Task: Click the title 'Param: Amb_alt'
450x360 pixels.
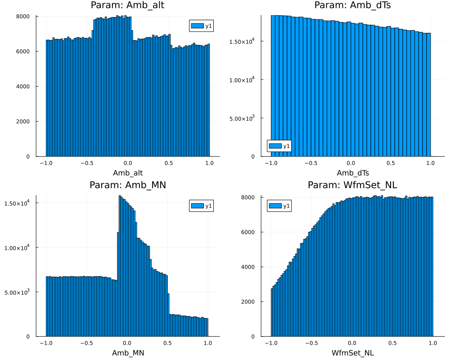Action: point(128,5)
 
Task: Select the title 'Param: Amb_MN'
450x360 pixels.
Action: point(128,185)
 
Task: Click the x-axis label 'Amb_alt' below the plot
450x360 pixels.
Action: point(128,173)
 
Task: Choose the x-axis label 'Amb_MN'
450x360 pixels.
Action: point(128,353)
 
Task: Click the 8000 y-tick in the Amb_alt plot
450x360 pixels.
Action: point(23,16)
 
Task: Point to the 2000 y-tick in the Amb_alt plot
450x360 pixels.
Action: point(23,121)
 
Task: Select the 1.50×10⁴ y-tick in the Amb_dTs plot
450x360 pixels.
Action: point(243,41)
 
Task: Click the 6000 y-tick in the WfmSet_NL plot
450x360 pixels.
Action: point(248,232)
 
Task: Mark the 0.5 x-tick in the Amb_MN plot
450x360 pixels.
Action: point(167,343)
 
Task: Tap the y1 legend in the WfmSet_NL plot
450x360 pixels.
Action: point(279,206)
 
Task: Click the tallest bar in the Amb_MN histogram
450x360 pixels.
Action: point(120,265)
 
